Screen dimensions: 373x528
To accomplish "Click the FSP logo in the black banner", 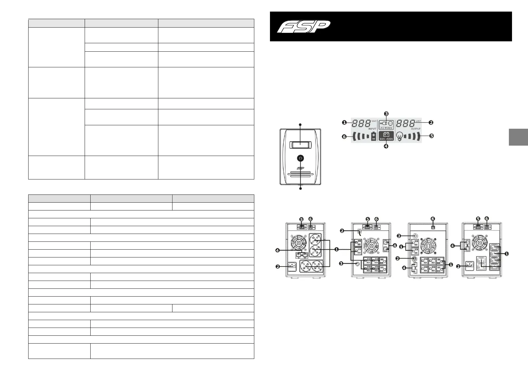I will tap(304, 26).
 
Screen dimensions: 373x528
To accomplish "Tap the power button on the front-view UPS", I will tap(300, 158).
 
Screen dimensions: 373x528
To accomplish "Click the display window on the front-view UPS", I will tap(300, 145).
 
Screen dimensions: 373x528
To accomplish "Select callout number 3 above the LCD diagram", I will tap(387, 114).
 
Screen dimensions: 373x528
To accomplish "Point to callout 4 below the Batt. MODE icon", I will tap(386, 146).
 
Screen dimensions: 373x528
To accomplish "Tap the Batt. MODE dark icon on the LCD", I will tap(386, 136).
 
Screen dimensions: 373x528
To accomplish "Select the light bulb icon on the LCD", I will tap(399, 136).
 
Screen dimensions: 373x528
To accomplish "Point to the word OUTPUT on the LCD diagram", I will tap(415, 129).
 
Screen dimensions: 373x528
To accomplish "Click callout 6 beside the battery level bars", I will tap(344, 137).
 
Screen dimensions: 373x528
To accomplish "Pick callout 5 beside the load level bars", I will tap(431, 136).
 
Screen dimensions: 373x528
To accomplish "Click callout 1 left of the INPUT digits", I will tap(344, 122).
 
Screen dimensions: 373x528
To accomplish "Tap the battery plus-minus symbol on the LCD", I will tap(373, 136).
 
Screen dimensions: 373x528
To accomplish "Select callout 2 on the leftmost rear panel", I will tap(278, 267).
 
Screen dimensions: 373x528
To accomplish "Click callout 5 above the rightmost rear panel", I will tap(478, 219).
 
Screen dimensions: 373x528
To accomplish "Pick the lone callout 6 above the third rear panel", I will tap(433, 219).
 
